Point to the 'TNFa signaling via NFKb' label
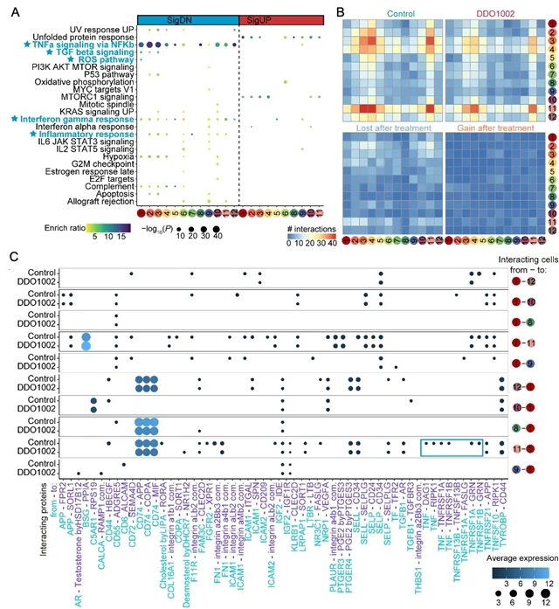tap(79, 44)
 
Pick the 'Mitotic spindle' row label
tap(109, 102)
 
